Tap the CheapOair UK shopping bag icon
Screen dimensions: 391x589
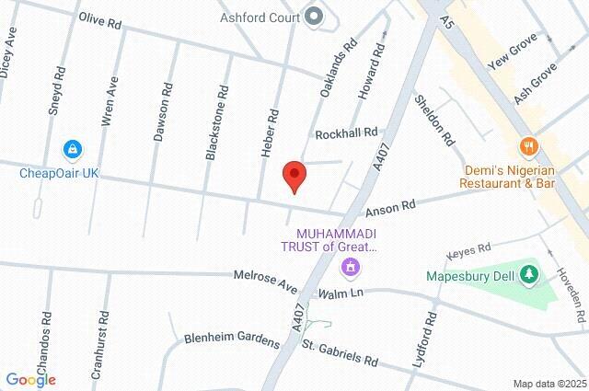(x=72, y=149)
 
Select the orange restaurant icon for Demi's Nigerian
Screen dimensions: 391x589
(x=528, y=145)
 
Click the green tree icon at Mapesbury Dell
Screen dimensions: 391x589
(x=528, y=273)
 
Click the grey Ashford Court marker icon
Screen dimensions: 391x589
(x=314, y=16)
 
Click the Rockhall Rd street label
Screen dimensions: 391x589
(x=346, y=133)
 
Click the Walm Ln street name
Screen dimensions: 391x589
(x=341, y=293)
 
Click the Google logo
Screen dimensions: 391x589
(x=30, y=379)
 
